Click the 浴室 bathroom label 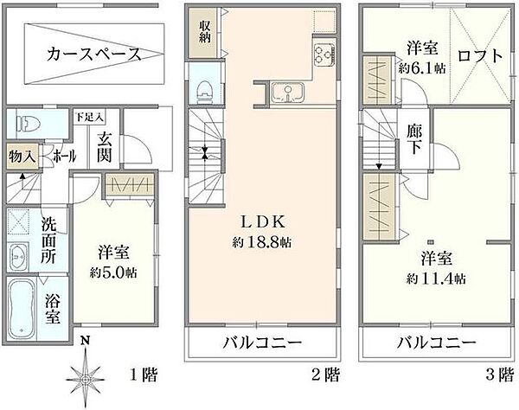pos(53,308)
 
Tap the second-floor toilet pos(204,89)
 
